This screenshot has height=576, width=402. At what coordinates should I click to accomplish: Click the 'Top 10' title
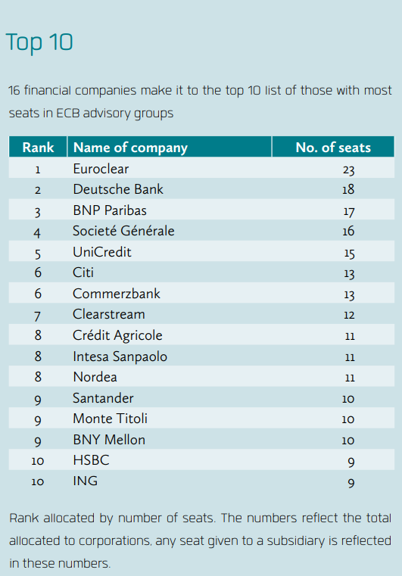pyautogui.click(x=39, y=42)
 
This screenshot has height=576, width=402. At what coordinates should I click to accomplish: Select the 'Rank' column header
pyautogui.click(x=38, y=148)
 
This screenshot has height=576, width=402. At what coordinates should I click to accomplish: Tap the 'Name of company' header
pyautogui.click(x=130, y=148)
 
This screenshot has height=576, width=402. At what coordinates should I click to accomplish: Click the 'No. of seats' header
pyautogui.click(x=333, y=148)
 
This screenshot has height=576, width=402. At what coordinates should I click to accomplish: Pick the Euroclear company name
pyautogui.click(x=101, y=169)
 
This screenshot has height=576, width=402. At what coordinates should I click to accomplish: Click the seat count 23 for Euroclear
pyautogui.click(x=348, y=170)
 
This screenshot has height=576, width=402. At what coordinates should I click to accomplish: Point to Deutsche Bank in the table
pyautogui.click(x=118, y=189)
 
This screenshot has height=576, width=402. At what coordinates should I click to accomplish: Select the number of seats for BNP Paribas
pyautogui.click(x=349, y=211)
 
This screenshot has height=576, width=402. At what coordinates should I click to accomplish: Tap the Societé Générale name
pyautogui.click(x=123, y=231)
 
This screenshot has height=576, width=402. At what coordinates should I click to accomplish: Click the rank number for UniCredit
pyautogui.click(x=38, y=254)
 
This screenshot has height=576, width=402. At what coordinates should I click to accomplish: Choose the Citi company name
pyautogui.click(x=83, y=272)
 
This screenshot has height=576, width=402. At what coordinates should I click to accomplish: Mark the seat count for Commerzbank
pyautogui.click(x=349, y=294)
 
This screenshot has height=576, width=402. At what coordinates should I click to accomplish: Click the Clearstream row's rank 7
pyautogui.click(x=38, y=316)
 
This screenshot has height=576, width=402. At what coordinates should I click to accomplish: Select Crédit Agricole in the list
pyautogui.click(x=117, y=336)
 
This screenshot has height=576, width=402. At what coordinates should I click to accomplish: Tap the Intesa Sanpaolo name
pyautogui.click(x=120, y=356)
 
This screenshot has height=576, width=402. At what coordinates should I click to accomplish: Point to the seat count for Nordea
pyautogui.click(x=350, y=378)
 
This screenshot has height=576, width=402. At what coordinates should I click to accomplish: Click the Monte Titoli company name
pyautogui.click(x=111, y=419)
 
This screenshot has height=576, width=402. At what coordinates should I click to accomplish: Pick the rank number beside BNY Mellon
pyautogui.click(x=38, y=441)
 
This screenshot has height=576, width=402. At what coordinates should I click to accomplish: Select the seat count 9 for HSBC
pyautogui.click(x=351, y=462)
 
